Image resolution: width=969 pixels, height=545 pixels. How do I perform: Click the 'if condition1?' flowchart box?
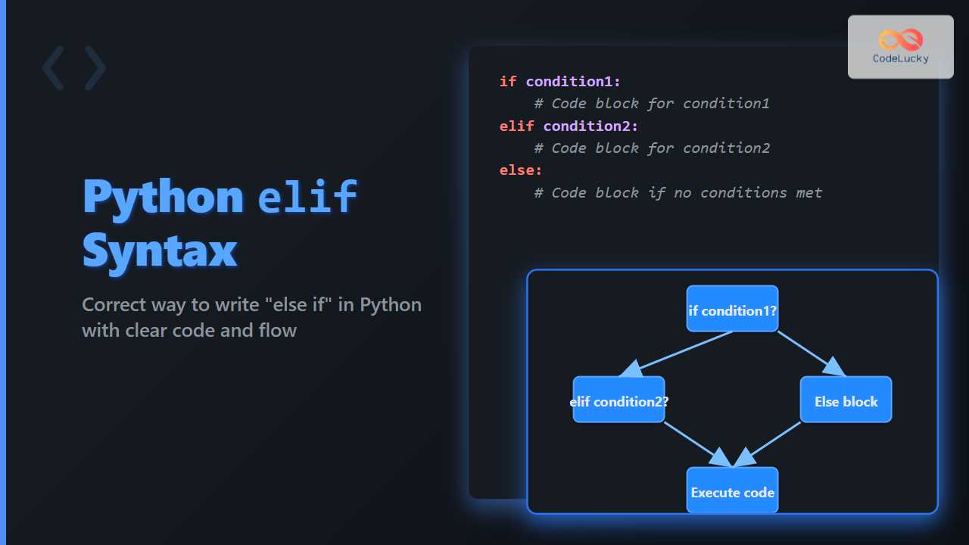[x=732, y=309]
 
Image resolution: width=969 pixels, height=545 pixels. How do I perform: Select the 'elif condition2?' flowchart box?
[x=618, y=400]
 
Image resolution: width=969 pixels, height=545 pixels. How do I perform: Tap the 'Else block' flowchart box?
[x=846, y=400]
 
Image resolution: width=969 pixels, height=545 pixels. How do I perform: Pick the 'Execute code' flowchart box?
[x=732, y=490]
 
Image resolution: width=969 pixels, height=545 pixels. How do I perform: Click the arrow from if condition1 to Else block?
[x=812, y=353]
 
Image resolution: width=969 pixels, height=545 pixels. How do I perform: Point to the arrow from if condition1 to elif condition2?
[x=676, y=353]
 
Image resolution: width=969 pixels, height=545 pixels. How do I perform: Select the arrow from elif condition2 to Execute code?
[x=698, y=444]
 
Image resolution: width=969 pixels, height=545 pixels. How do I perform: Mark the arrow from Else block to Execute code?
[x=767, y=444]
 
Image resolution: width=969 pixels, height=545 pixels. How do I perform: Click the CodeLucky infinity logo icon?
[x=901, y=40]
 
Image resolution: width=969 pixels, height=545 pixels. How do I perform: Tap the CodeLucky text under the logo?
[x=901, y=59]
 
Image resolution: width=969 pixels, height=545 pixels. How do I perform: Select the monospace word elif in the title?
[x=307, y=197]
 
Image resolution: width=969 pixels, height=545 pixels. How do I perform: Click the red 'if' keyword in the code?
[x=508, y=81]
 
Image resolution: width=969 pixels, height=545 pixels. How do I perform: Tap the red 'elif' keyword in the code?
[x=517, y=126]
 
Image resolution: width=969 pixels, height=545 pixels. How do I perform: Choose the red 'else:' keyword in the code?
[x=521, y=170]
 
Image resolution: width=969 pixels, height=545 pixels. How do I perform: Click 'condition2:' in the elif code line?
[x=590, y=126]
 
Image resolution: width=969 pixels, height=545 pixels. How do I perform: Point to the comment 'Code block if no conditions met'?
[x=687, y=193]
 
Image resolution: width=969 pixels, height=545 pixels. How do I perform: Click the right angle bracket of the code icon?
[x=95, y=68]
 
